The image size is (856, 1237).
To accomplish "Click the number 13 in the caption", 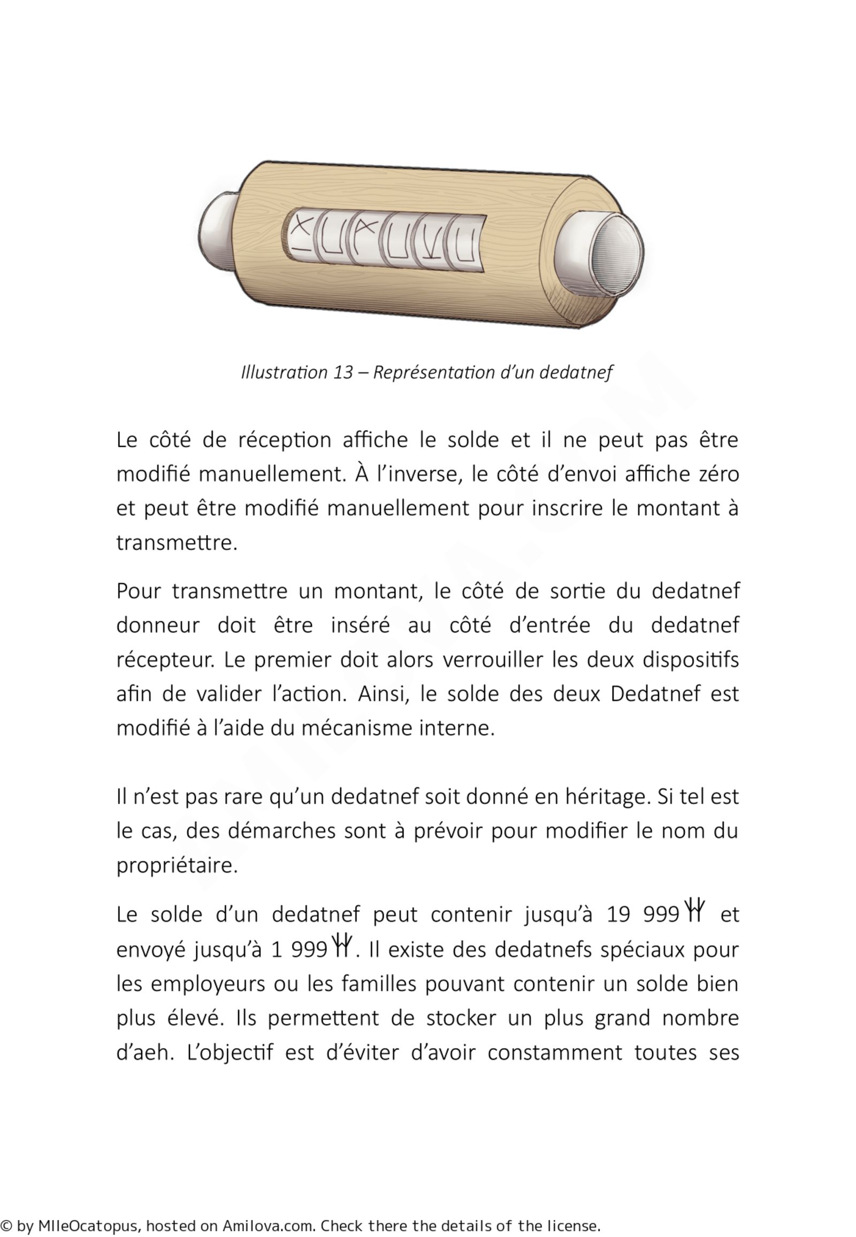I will (343, 372).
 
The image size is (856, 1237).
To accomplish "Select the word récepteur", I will (165, 660).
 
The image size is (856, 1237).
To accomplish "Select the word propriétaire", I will (177, 865).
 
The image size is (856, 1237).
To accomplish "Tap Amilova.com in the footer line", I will (268, 1226).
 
